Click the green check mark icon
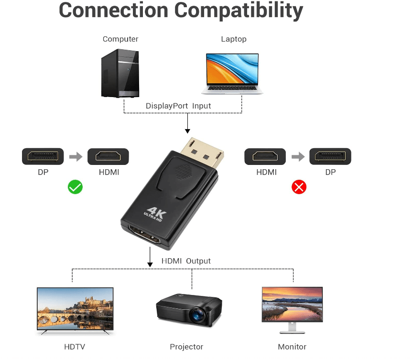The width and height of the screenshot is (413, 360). click(75, 187)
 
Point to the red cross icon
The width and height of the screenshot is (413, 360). click(299, 187)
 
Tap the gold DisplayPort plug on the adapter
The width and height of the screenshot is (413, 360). click(205, 152)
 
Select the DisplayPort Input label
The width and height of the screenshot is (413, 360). click(178, 106)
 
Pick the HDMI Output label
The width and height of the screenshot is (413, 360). click(186, 261)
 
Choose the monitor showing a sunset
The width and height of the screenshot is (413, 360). click(292, 304)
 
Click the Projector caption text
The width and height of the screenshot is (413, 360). click(186, 347)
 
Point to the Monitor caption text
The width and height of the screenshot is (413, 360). click(292, 347)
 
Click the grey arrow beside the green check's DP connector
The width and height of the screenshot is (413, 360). click(76, 156)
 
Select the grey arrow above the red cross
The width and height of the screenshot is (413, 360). click(298, 156)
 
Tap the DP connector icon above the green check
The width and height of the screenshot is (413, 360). click(43, 156)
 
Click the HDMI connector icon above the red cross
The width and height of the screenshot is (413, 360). click(265, 156)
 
